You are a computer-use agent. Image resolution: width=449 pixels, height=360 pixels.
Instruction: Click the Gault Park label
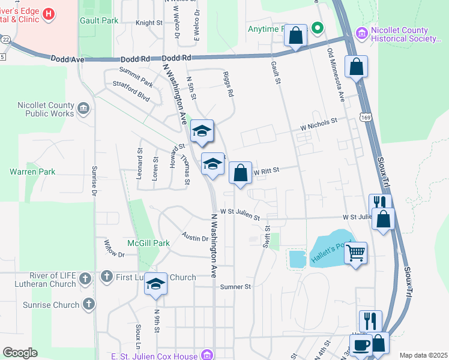pos(99,20)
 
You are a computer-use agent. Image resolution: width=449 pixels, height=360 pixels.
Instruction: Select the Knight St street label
pos(149,23)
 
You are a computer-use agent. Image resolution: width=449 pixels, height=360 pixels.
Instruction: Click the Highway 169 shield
pos(366,118)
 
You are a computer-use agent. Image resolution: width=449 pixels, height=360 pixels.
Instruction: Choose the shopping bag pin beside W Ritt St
pos(240,173)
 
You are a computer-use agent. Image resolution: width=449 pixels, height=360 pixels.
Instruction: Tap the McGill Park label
pos(148,244)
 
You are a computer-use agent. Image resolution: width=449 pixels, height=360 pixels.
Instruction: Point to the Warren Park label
pos(32,172)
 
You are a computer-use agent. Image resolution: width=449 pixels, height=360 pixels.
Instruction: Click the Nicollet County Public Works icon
pos(83,109)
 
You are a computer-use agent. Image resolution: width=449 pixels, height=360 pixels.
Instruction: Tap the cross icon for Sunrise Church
pos(89,305)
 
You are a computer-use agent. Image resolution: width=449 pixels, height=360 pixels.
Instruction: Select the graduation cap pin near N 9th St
pos(155,284)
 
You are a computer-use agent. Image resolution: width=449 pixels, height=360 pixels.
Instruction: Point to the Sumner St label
pos(235,287)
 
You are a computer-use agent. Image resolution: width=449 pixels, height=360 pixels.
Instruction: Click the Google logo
pos(20,353)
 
